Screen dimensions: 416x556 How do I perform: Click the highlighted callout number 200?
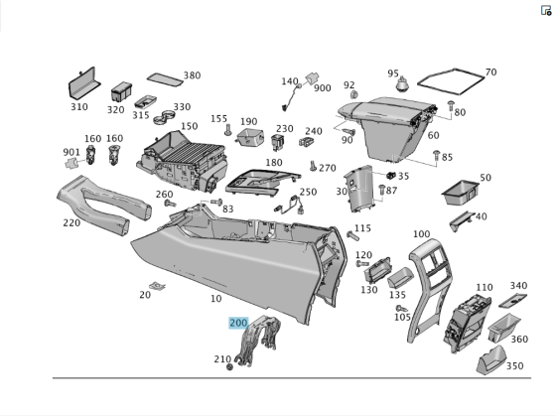[238, 323]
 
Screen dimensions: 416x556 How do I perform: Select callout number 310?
[78, 107]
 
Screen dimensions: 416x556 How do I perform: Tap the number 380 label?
[192, 75]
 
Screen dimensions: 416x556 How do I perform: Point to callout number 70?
[490, 72]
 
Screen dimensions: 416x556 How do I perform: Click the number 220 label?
[71, 222]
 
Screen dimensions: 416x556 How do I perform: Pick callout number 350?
[514, 366]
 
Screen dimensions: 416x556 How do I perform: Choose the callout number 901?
[71, 152]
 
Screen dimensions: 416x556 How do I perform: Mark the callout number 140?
[289, 81]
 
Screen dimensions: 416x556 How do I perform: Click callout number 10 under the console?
[216, 298]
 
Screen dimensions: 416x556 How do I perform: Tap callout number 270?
[327, 169]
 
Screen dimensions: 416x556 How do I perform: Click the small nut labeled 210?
[230, 366]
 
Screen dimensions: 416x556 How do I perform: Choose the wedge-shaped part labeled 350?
[489, 364]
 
